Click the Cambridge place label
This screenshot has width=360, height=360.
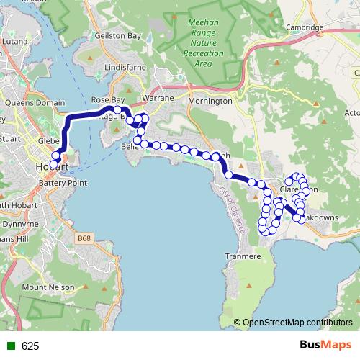pos(305,28)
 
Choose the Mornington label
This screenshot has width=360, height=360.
pos(210,101)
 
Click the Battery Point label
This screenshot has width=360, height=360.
pos(63,183)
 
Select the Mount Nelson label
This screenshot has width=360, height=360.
pos(48,287)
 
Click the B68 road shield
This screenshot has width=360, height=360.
pos(85,236)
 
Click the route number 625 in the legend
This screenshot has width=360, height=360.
pos(30,346)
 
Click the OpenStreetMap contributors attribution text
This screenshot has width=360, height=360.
pos(297,322)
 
